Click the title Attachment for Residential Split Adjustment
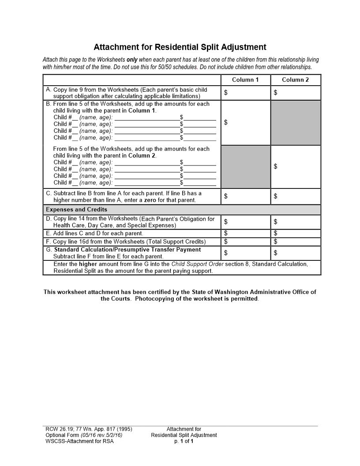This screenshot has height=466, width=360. point(180,47)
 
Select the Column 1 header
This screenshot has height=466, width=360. point(245,80)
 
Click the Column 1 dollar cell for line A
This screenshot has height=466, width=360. point(245,93)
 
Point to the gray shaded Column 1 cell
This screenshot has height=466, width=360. point(245,167)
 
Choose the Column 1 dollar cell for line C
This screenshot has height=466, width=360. point(245,196)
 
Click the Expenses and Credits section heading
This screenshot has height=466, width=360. point(77,210)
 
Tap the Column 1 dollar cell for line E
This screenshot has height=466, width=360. point(245,233)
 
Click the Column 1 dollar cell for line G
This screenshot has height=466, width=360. point(245,253)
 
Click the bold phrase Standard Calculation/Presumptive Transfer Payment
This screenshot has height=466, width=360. point(127,250)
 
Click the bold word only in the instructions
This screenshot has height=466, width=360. point(132,60)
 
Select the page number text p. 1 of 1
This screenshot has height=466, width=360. point(184,441)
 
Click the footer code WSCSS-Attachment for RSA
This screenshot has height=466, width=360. point(79,441)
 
